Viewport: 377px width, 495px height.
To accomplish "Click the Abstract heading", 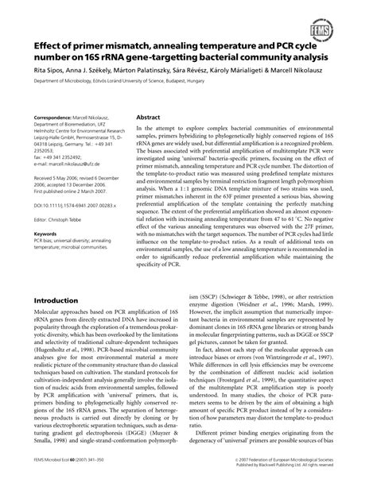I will [x=150, y=116].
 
